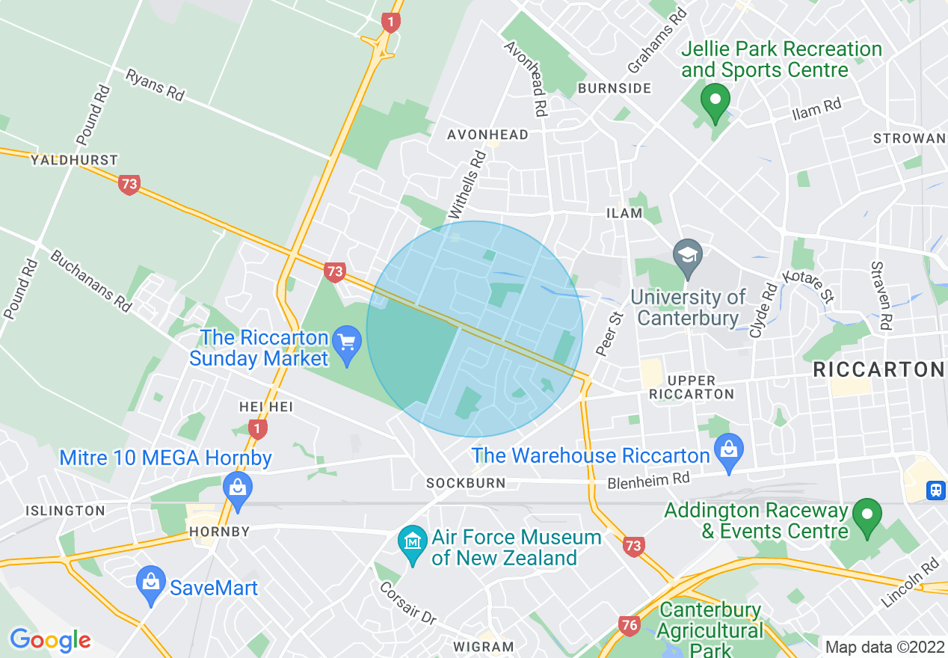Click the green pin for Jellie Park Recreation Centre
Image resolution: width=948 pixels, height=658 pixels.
(x=715, y=102)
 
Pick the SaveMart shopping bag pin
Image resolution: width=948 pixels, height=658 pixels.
(x=151, y=584)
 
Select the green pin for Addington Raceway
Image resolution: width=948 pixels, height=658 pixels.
(x=867, y=516)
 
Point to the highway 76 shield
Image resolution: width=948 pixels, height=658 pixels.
(x=630, y=625)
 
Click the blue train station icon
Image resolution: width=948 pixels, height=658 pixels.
(x=935, y=490)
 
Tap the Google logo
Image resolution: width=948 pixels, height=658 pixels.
(x=50, y=640)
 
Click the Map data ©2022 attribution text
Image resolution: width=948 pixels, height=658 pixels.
(x=884, y=646)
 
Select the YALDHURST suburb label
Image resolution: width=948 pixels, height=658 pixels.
(x=74, y=160)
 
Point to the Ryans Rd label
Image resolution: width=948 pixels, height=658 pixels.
(x=155, y=85)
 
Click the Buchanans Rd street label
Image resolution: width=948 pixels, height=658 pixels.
(x=90, y=280)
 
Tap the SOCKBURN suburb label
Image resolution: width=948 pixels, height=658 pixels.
(x=466, y=483)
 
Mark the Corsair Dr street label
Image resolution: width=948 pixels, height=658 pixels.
(x=407, y=602)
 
